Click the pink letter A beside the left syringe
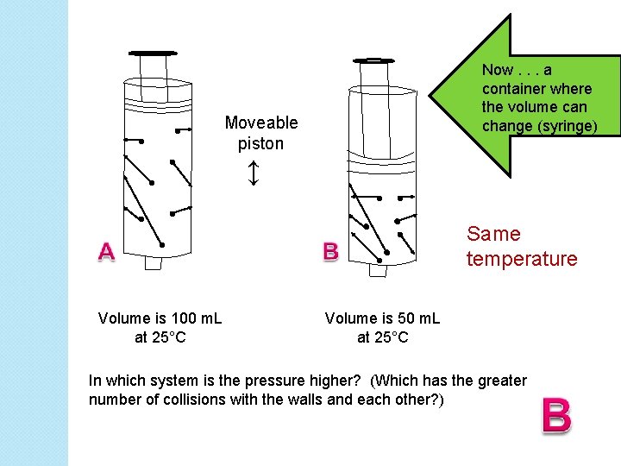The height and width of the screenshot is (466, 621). pyautogui.click(x=105, y=251)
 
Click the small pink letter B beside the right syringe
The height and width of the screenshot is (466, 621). pyautogui.click(x=330, y=251)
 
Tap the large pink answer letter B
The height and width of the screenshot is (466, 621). pyautogui.click(x=556, y=415)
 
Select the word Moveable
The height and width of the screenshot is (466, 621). pyautogui.click(x=260, y=123)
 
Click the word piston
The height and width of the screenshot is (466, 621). pyautogui.click(x=260, y=143)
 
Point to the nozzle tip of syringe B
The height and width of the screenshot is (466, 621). pyautogui.click(x=378, y=270)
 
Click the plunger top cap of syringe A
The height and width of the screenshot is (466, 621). pyautogui.click(x=151, y=53)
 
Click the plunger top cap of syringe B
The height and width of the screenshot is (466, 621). pyautogui.click(x=373, y=60)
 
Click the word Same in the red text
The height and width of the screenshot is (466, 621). pyautogui.click(x=493, y=234)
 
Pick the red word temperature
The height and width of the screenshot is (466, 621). pyautogui.click(x=521, y=259)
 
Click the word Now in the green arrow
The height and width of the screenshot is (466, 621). pyautogui.click(x=498, y=70)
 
